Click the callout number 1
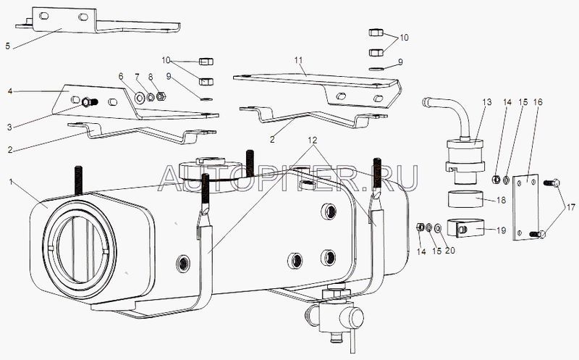click(12, 182)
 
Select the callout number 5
click(8, 46)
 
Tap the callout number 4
click(10, 91)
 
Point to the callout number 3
click(9, 127)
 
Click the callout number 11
click(298, 60)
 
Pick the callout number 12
click(313, 141)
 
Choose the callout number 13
click(487, 102)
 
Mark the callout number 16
click(538, 102)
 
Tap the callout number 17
click(571, 208)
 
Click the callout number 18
click(502, 201)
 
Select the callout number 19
click(502, 230)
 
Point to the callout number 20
click(449, 251)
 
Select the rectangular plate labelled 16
click(526, 208)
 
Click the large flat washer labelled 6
click(140, 98)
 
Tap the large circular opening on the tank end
click(80, 250)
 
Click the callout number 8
click(151, 77)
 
